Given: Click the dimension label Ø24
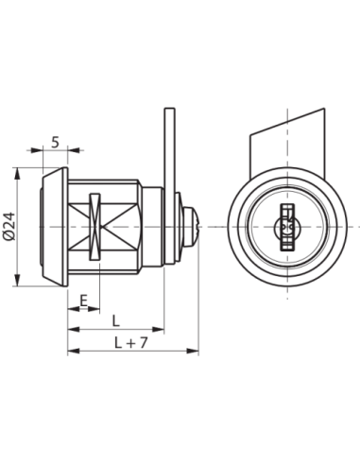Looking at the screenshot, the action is [9, 226].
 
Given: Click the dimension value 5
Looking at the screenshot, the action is [55, 143].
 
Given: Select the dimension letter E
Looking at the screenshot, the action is [83, 301].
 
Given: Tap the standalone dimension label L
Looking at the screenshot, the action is [116, 321].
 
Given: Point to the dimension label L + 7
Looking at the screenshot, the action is [130, 342].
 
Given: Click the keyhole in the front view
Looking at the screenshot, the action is [287, 227].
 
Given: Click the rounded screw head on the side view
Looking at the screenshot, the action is [190, 227].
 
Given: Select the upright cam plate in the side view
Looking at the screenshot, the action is [169, 186].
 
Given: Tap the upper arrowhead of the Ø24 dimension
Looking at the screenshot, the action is [17, 173].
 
